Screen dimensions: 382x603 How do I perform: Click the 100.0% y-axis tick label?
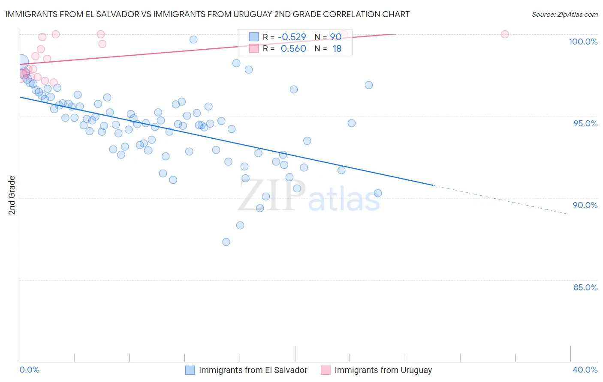point(583,42)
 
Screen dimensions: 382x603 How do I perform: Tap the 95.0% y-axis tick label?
point(585,123)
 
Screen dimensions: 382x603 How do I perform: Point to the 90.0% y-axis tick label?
point(585,205)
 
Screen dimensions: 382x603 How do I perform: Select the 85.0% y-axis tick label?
point(585,287)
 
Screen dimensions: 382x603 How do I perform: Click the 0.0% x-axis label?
point(29,370)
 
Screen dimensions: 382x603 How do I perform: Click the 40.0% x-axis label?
point(585,370)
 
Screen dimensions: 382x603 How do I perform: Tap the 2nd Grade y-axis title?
point(12,195)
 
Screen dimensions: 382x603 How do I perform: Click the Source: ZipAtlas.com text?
point(564,15)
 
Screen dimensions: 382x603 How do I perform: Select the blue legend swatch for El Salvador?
point(190,370)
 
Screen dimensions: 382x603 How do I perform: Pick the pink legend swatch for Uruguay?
point(326,370)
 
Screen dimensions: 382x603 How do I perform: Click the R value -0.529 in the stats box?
point(292,37)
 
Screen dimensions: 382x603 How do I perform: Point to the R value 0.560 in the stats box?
point(293,49)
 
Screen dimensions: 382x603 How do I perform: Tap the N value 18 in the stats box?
point(337,49)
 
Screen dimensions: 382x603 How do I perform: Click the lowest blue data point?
point(226,242)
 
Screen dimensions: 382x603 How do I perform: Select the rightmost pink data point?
point(505,34)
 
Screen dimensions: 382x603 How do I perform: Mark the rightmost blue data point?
point(378,193)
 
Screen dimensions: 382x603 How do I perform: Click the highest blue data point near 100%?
point(193,39)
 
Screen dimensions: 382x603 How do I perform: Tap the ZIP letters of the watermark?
point(271,196)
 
